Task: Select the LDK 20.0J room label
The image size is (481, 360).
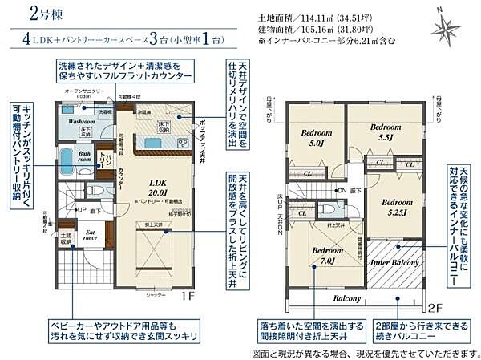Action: [x=158, y=186]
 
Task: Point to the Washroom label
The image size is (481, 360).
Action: [x=82, y=122]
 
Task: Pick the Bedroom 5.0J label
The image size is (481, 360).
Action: [x=317, y=139]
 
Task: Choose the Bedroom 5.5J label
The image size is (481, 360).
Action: [x=385, y=131]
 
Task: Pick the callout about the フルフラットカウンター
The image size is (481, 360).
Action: [x=125, y=69]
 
